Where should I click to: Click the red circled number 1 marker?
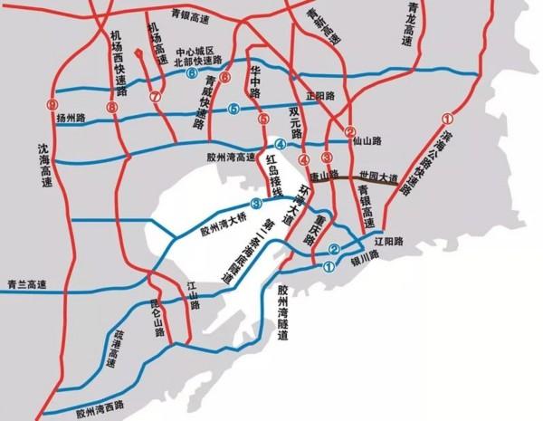pos(445,118)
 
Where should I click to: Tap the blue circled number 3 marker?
pos(256,203)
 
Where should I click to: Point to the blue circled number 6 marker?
pos(192,75)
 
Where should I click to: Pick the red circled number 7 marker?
pos(155,96)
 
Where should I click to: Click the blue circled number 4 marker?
pos(281,145)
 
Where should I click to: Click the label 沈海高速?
pos(42,162)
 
